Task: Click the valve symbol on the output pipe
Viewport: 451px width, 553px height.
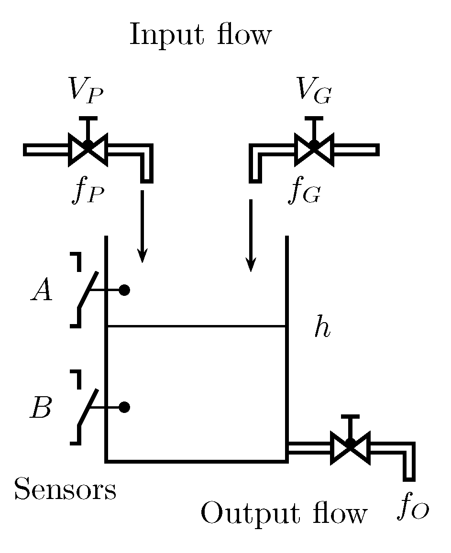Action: (350, 446)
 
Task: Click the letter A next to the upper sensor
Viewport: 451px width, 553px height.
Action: (42, 291)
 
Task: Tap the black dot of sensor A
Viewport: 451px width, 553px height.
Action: (124, 290)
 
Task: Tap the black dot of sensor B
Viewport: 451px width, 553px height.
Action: (124, 407)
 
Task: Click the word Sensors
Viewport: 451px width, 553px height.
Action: (65, 489)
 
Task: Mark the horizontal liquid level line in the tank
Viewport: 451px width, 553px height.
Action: (196, 326)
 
